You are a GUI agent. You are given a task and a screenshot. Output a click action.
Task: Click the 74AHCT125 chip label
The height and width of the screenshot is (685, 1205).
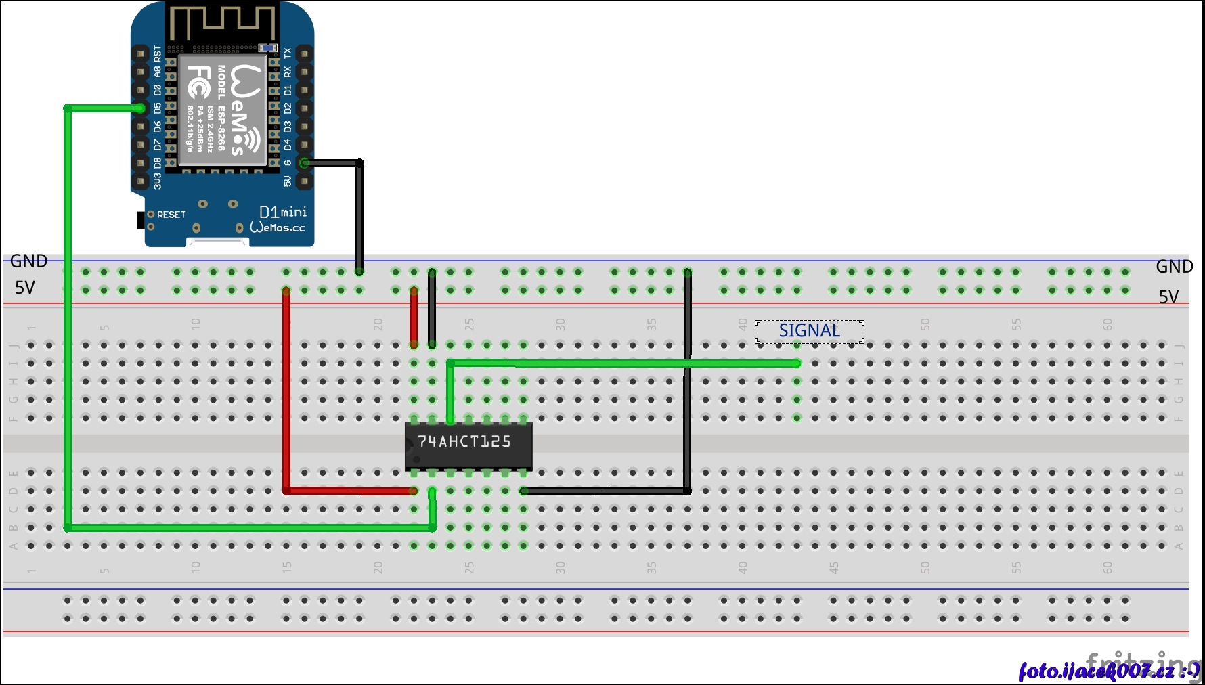464,442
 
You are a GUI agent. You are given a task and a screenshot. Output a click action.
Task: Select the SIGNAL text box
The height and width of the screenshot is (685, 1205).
809,331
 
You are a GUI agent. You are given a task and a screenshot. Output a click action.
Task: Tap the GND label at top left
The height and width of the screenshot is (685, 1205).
28,261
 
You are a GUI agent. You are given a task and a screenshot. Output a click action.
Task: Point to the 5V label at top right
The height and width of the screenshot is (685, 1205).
1168,296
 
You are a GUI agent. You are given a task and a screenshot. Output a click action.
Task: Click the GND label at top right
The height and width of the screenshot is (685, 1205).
1174,267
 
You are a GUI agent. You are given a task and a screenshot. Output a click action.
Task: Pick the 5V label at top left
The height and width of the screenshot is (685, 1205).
24,288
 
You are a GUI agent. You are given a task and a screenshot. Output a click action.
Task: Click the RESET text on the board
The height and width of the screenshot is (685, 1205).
171,215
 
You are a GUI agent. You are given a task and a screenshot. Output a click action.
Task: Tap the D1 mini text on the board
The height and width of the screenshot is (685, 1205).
282,213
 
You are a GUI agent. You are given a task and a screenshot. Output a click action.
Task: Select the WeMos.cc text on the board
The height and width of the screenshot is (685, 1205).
278,228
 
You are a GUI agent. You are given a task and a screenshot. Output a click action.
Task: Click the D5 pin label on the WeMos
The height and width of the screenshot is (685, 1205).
158,108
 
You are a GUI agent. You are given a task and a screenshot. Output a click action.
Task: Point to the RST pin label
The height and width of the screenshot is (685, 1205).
158,53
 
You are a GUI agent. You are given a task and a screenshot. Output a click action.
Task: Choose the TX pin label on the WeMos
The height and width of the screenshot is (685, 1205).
288,53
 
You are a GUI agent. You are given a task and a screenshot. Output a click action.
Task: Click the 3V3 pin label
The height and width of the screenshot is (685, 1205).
158,181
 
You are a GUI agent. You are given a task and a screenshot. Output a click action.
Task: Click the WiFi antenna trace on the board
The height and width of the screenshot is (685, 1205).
222,24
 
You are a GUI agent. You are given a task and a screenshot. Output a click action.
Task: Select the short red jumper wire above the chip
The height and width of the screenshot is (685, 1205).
414,317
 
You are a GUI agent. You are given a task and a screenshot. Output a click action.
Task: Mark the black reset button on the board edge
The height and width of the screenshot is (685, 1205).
141,220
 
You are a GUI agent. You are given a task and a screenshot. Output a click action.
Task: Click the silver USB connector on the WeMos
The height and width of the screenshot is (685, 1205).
217,242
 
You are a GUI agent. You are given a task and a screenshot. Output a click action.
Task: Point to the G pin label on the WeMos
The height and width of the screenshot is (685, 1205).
288,163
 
